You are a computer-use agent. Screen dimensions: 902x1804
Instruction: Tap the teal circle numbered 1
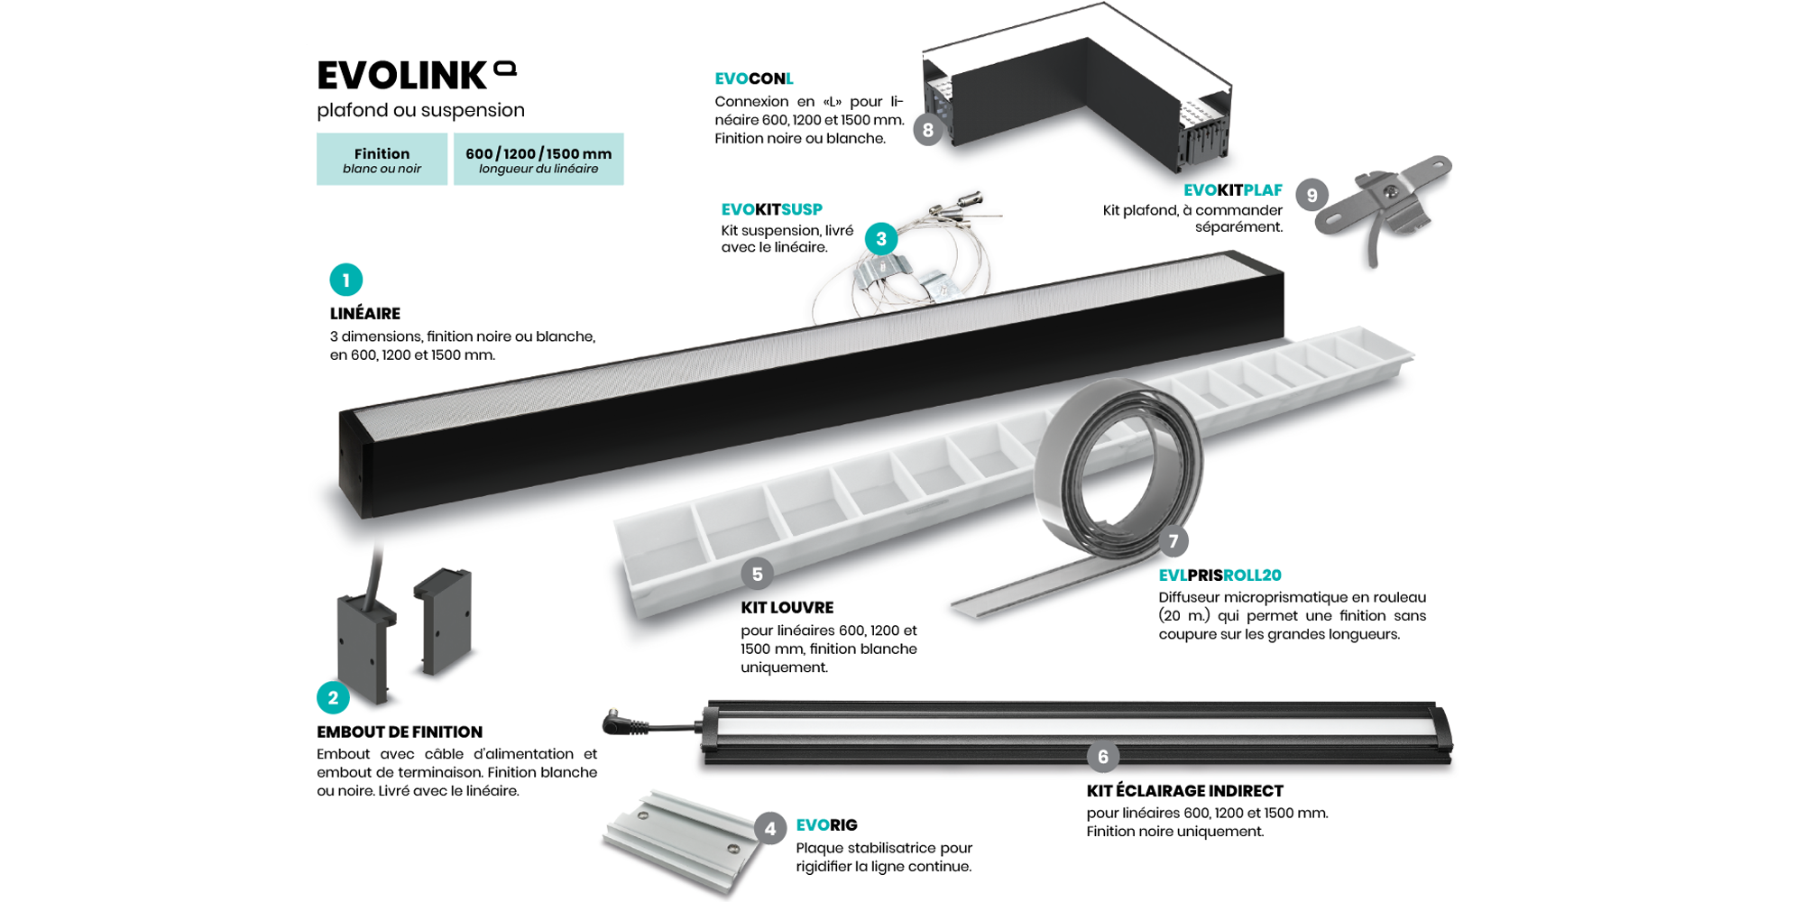click(346, 281)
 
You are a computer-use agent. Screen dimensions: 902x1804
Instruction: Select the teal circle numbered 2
click(333, 697)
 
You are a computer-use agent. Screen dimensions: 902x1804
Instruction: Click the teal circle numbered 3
click(881, 239)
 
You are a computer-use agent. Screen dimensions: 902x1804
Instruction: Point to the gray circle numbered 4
click(769, 828)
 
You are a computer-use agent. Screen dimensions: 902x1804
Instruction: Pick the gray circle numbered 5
click(757, 574)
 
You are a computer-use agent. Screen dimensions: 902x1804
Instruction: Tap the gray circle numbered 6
click(1102, 757)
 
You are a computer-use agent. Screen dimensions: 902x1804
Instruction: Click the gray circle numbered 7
click(1173, 541)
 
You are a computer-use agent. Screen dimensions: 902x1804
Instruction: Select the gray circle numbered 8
click(927, 130)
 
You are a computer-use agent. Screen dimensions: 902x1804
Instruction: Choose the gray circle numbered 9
click(1312, 195)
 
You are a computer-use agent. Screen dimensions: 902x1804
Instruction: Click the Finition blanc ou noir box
click(382, 160)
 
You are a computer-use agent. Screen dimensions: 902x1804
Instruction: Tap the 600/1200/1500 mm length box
click(538, 160)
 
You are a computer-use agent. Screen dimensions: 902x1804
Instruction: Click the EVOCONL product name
click(754, 79)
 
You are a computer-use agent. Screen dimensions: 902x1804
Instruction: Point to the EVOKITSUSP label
click(771, 209)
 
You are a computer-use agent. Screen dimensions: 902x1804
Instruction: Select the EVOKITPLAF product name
click(1232, 190)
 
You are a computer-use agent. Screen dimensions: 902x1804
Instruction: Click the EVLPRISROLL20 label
click(1220, 575)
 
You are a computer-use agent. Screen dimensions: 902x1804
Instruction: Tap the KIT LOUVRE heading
click(787, 608)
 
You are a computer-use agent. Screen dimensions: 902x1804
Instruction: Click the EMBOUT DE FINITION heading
click(400, 732)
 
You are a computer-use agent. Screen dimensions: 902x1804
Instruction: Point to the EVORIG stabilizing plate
click(681, 839)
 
